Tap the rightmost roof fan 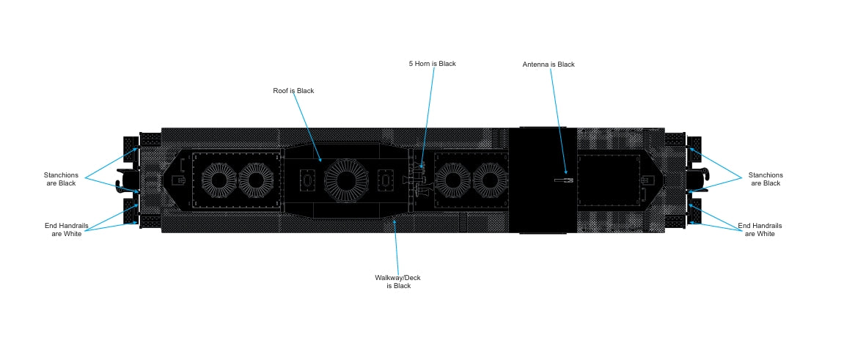click(x=490, y=180)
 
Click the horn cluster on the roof click(x=419, y=180)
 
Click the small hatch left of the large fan click(x=307, y=180)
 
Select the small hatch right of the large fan click(x=386, y=180)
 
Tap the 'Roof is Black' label click(x=293, y=91)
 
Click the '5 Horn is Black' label click(x=432, y=64)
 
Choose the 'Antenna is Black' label click(x=548, y=65)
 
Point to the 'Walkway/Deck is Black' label click(x=398, y=282)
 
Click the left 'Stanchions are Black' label click(x=60, y=179)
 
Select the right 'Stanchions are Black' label click(x=766, y=179)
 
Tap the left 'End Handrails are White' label click(x=66, y=229)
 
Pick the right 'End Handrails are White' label click(x=760, y=229)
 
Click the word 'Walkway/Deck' click(x=397, y=278)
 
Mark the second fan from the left click(x=255, y=180)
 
